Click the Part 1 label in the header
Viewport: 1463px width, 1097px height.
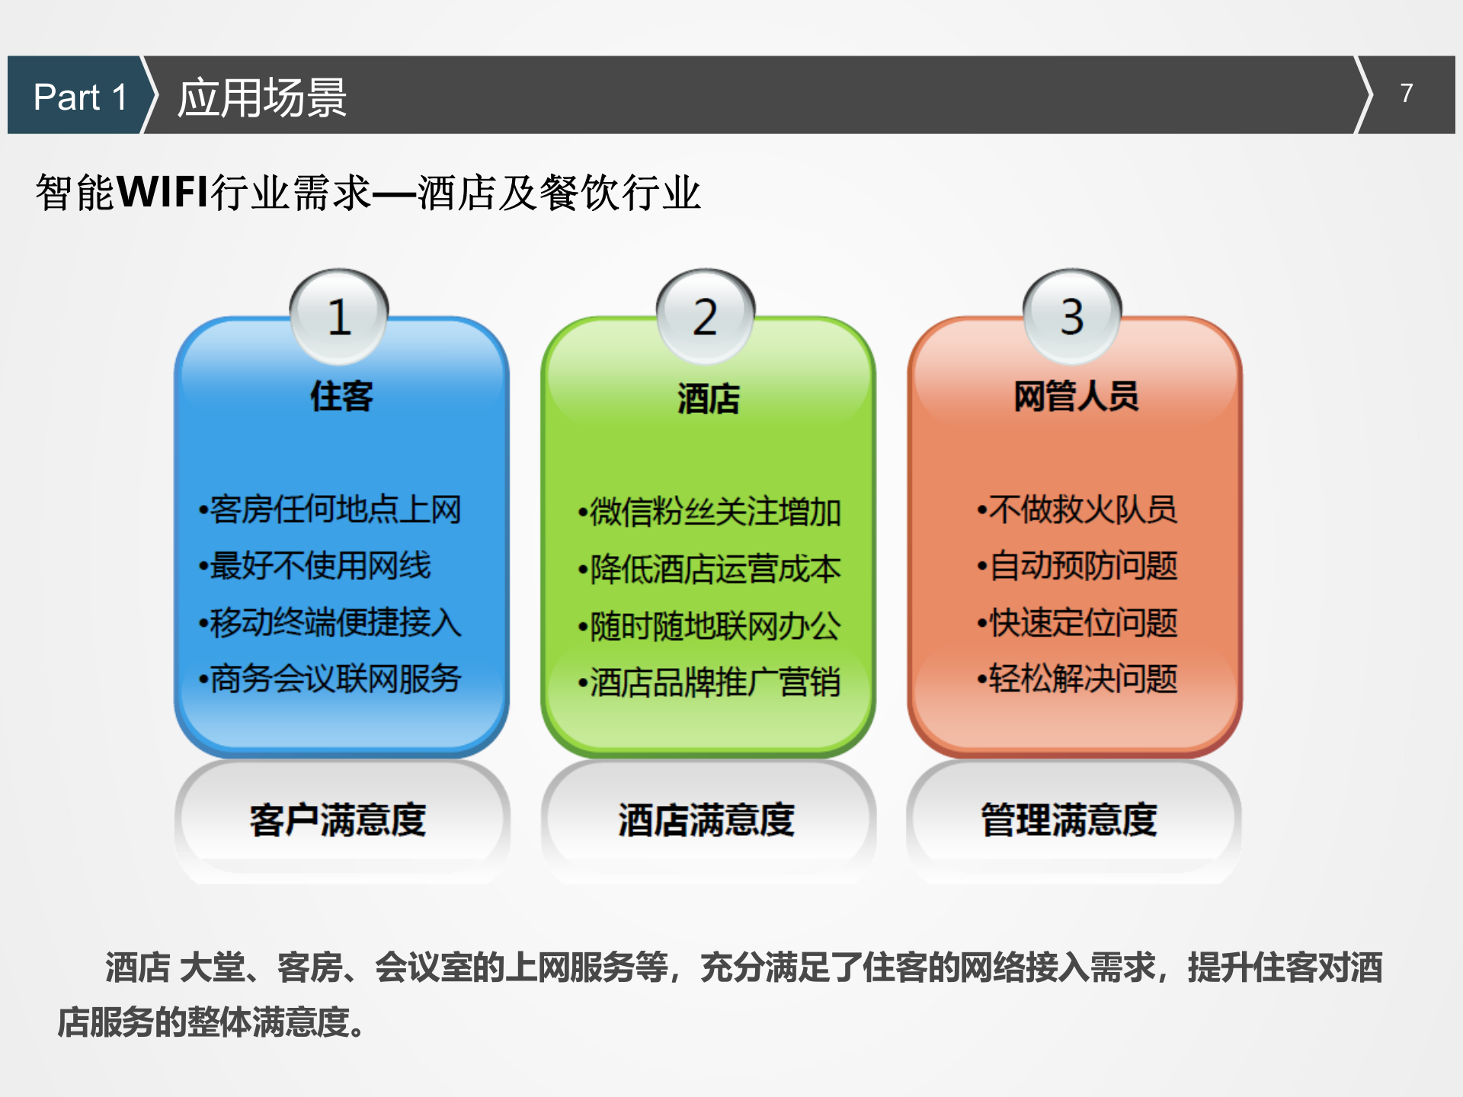[x=79, y=97]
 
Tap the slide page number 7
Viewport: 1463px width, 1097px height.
[x=1406, y=93]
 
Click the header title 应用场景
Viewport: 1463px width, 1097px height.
[x=261, y=98]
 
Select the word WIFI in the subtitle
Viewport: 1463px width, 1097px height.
[x=162, y=191]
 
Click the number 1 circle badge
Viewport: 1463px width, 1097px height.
[x=339, y=316]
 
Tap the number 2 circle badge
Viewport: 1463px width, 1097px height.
[x=706, y=316]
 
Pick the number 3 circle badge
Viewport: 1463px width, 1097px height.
[x=1072, y=316]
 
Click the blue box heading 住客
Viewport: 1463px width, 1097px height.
[x=341, y=397]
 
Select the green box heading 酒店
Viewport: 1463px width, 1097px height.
[x=708, y=398]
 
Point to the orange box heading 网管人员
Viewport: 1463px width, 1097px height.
[x=1075, y=396]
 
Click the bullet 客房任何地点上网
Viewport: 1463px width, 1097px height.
[x=330, y=510]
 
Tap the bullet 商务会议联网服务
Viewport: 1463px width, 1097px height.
[x=330, y=679]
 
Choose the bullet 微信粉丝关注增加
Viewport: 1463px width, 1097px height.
[x=709, y=512]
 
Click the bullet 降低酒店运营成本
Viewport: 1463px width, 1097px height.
[x=709, y=569]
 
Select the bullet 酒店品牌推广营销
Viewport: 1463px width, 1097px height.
[x=709, y=682]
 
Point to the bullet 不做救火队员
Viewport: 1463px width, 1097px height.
[x=1077, y=510]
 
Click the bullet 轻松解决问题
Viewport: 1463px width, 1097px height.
[x=1077, y=679]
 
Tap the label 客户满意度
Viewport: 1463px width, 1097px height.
[x=338, y=820]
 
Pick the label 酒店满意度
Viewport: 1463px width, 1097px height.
[x=706, y=820]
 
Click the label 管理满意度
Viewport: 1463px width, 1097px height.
[x=1069, y=820]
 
